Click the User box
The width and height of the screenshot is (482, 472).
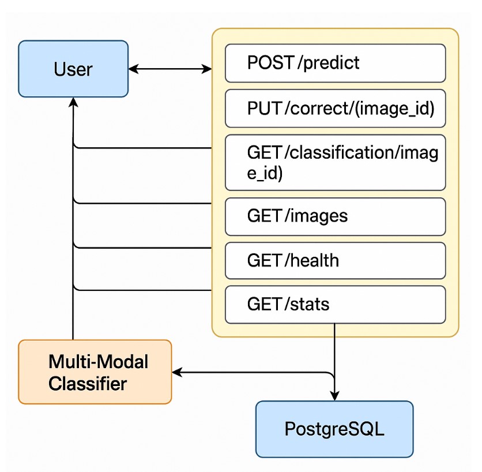(73, 69)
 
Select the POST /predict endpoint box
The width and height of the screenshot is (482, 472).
(335, 63)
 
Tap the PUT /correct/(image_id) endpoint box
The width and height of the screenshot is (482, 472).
(335, 108)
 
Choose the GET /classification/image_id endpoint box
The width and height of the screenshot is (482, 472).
(335, 162)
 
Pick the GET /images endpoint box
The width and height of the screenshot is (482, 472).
(335, 216)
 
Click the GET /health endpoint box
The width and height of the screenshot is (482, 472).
(335, 260)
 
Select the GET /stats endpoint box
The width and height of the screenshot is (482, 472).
(335, 304)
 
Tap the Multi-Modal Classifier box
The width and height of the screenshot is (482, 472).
(95, 372)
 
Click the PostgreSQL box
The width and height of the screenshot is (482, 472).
(334, 429)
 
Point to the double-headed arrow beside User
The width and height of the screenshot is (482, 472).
(170, 69)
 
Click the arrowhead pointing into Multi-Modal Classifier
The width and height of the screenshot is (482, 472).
(178, 373)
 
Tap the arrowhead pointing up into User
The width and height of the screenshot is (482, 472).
(73, 102)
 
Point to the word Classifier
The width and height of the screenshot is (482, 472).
(88, 383)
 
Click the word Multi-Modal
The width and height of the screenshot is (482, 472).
(99, 362)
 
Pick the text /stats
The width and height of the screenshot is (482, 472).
(308, 304)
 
